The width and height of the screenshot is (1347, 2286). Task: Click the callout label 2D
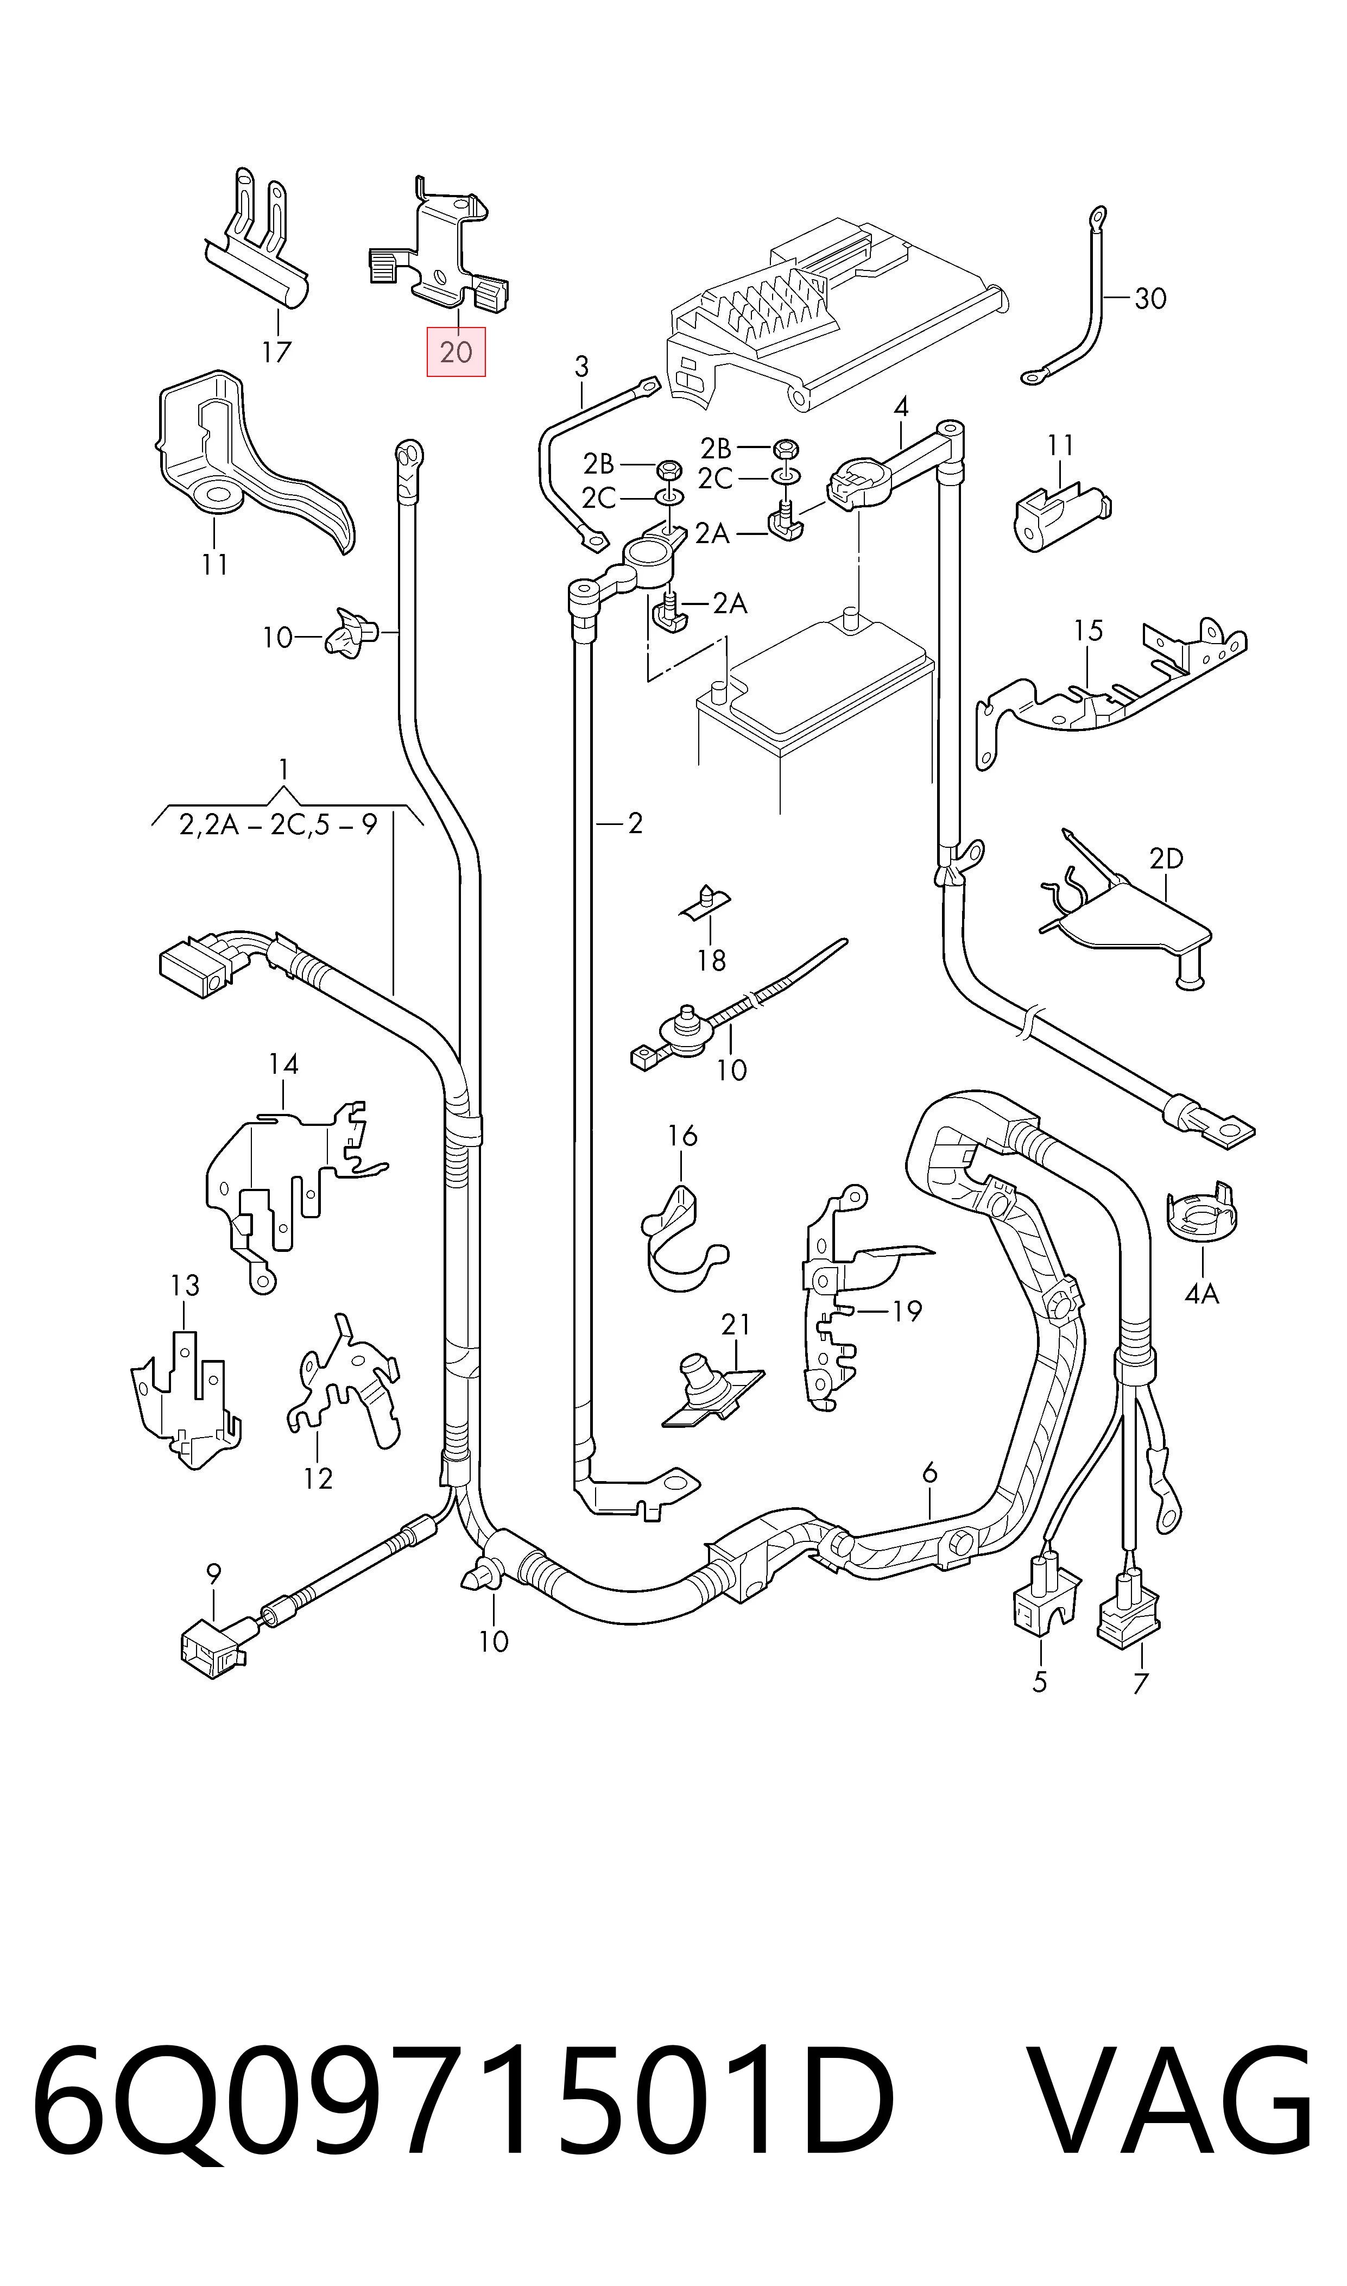pos(1166,858)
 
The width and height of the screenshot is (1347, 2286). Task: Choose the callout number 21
pos(736,1325)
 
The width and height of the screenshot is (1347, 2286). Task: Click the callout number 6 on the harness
pos(929,1472)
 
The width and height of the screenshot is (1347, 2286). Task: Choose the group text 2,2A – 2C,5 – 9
pos(278,824)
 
